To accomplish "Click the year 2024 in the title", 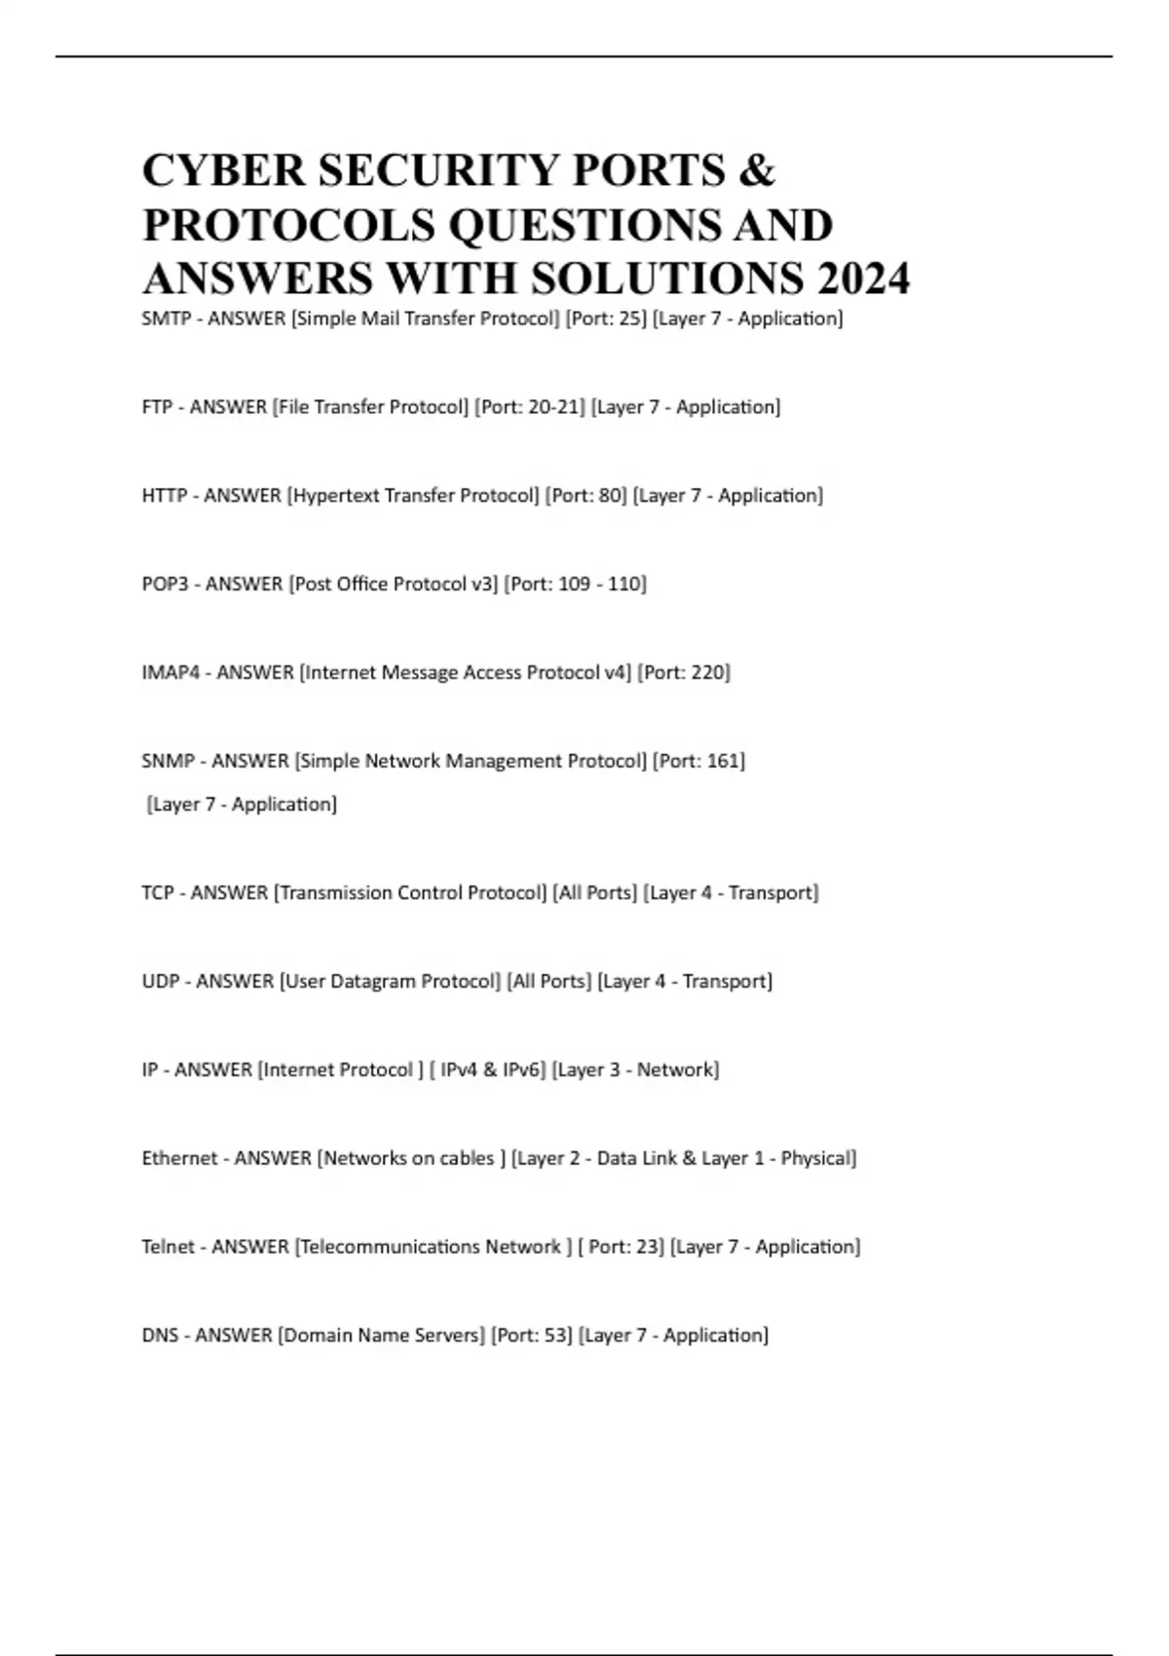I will point(863,279).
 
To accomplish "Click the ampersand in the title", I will point(757,170).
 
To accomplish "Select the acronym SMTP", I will point(166,319).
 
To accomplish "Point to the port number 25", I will point(631,319).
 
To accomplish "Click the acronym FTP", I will point(157,407).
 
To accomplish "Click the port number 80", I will point(611,496).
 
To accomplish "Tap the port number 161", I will point(725,761).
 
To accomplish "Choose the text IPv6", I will point(522,1071).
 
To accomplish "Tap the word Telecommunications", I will point(391,1247).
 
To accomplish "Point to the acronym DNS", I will point(160,1336).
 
